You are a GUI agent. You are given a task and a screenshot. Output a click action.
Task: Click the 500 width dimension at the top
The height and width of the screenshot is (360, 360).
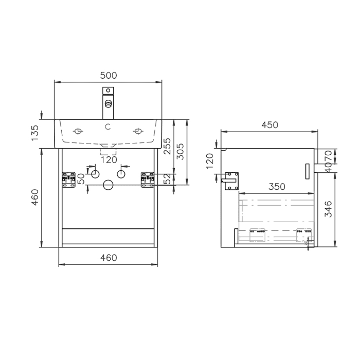[109, 75]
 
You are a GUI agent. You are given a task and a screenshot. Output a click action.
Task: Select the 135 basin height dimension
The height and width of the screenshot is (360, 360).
[35, 132]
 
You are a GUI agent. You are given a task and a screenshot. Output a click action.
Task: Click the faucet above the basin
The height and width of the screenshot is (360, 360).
[108, 102]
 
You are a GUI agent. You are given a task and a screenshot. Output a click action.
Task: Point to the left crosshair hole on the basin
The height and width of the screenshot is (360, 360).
[78, 131]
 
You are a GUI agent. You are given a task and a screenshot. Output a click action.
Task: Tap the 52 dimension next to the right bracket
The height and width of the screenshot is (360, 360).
[167, 178]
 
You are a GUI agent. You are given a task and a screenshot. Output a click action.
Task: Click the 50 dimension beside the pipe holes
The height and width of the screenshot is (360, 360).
[81, 178]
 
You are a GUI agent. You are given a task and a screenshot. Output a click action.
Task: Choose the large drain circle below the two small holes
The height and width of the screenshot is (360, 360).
[108, 185]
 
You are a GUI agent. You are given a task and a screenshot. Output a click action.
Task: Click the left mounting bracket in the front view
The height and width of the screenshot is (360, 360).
[68, 178]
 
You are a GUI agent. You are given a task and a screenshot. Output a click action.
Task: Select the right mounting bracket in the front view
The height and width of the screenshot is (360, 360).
[148, 178]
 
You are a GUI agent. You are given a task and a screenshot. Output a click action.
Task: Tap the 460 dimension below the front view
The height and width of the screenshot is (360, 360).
[109, 258]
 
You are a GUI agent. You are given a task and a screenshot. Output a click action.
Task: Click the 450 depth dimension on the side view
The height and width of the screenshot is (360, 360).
[269, 125]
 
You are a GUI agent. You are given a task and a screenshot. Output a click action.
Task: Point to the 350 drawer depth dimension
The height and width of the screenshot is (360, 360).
[277, 187]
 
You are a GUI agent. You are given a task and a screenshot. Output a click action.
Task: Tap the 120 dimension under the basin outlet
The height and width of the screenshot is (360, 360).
[109, 159]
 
